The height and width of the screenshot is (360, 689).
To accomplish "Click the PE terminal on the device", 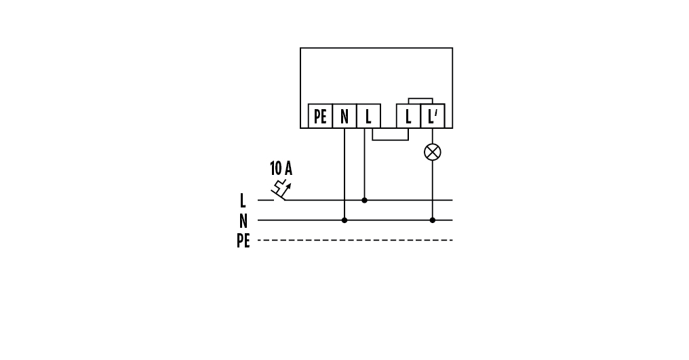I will click(320, 116).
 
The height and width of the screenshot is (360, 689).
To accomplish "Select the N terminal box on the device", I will click(344, 116).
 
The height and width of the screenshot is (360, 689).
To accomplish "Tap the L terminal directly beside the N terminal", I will click(368, 116).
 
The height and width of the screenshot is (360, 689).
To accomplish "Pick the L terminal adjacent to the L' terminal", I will click(408, 116).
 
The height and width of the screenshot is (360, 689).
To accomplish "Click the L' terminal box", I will click(433, 116).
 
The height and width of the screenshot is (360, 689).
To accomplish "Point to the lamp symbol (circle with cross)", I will click(433, 152).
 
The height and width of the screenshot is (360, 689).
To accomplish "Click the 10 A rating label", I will click(281, 168).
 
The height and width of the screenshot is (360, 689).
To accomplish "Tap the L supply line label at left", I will click(243, 201).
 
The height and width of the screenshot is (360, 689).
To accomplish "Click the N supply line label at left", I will click(243, 220).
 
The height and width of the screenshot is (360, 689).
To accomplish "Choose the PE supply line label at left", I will click(243, 241).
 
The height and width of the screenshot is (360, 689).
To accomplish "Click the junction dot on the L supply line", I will click(365, 201).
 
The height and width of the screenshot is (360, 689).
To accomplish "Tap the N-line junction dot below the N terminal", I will click(344, 220).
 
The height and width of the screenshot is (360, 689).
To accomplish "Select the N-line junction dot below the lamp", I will click(433, 220).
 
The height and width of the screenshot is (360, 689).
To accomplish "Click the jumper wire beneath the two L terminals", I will click(391, 140).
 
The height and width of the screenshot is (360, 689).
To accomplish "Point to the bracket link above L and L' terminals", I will click(420, 99).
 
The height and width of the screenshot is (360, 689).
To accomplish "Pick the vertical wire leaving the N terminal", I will click(344, 169).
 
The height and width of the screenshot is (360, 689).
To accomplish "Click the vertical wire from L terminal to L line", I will click(365, 166).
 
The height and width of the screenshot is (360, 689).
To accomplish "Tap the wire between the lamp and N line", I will click(433, 190).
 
